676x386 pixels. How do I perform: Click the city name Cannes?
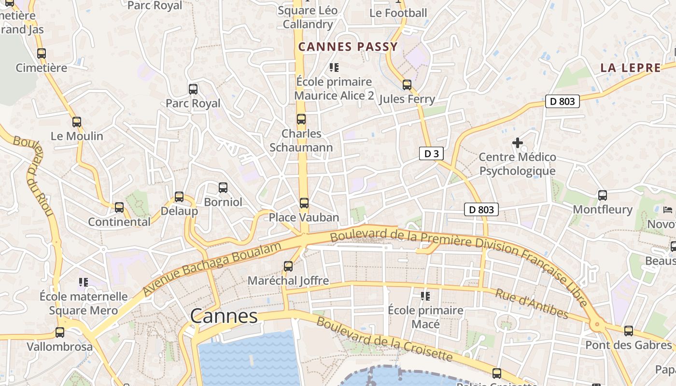coord(224,316)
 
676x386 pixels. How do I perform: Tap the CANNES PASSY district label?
coord(348,47)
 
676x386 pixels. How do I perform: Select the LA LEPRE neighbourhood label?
coord(631,68)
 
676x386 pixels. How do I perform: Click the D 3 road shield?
coord(431,154)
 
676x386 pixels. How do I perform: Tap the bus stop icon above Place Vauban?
coord(304,203)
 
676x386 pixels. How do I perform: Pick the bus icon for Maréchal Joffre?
coord(288,266)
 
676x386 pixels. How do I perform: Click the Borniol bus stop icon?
coord(223,188)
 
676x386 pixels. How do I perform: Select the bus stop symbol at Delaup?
coord(179,197)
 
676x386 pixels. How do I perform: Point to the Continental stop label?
coord(119,222)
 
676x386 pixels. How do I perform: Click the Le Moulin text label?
coord(77,136)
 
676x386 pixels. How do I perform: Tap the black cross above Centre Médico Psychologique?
coord(518,143)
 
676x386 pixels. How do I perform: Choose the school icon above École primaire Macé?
coord(425,296)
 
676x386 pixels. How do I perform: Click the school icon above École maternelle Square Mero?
coord(84,282)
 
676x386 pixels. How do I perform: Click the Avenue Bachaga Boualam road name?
coord(212,269)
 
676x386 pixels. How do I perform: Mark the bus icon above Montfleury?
coord(602,195)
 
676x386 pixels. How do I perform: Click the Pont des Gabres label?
coord(628,345)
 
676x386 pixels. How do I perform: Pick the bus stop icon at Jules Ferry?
coord(407,85)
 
